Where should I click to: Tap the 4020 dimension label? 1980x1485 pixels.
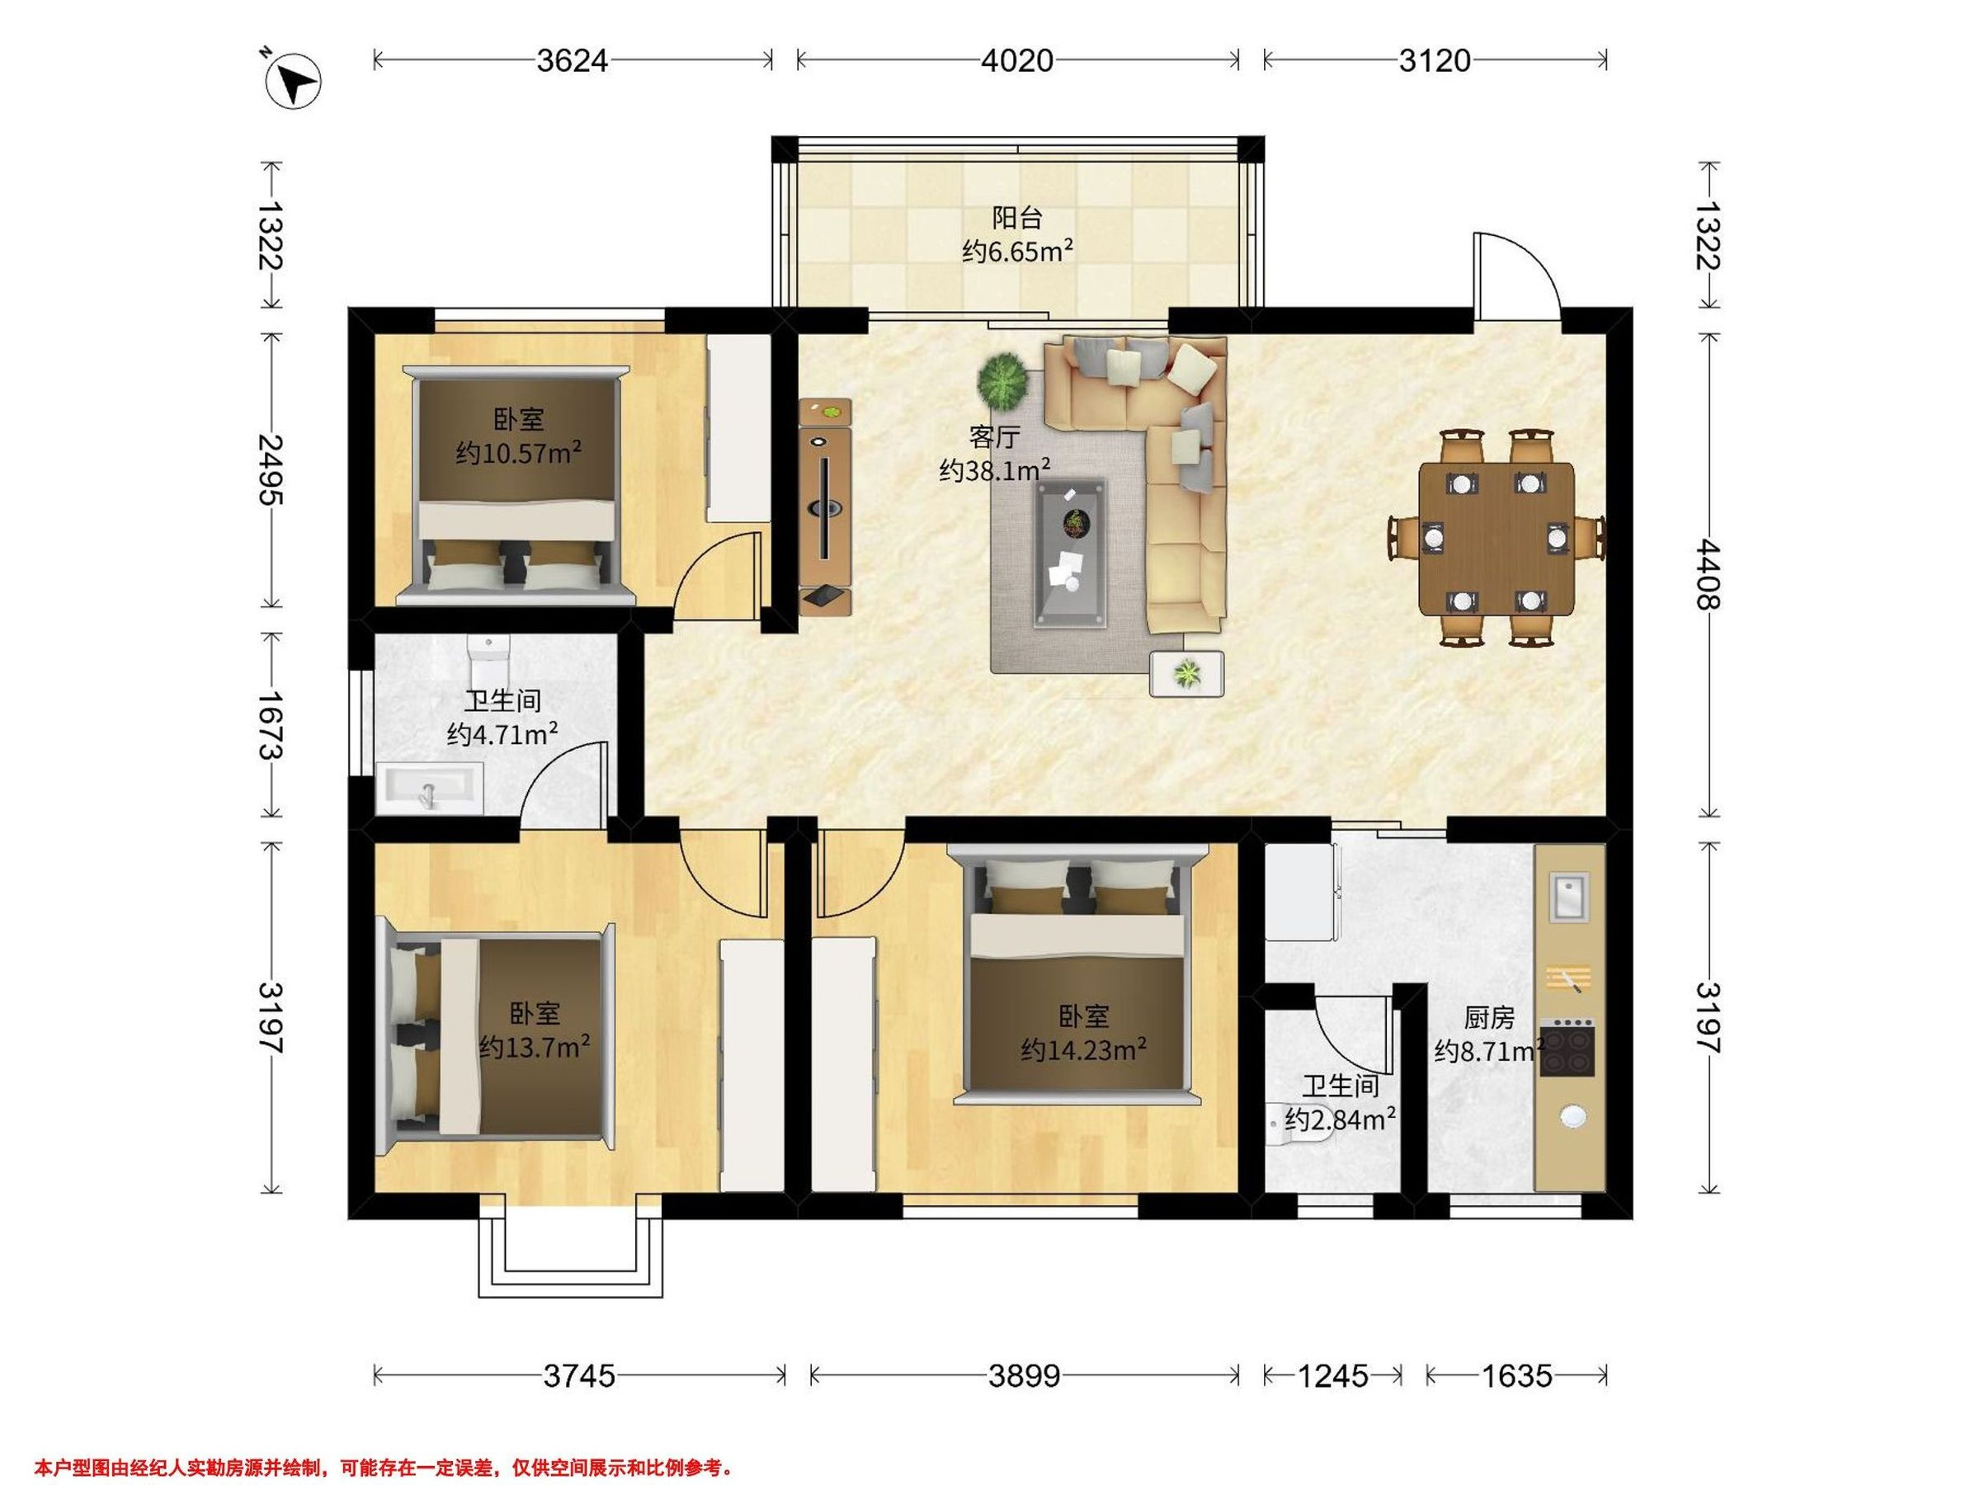pos(1017,60)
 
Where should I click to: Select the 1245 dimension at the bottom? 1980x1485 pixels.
pos(1333,1375)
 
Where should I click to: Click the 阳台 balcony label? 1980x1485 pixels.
pos(1017,218)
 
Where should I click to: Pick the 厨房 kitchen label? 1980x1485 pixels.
pos(1489,1018)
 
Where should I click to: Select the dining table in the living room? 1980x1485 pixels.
pos(1497,538)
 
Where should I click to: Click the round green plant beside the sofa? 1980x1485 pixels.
pos(1002,379)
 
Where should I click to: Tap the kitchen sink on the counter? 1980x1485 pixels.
pos(1569,897)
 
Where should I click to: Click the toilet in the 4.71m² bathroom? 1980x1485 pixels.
pos(488,662)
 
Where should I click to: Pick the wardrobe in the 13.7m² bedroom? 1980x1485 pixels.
pos(752,1064)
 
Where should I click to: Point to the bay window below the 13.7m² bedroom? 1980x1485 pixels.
pos(571,1256)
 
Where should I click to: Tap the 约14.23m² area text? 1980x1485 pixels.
pos(1084,1050)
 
